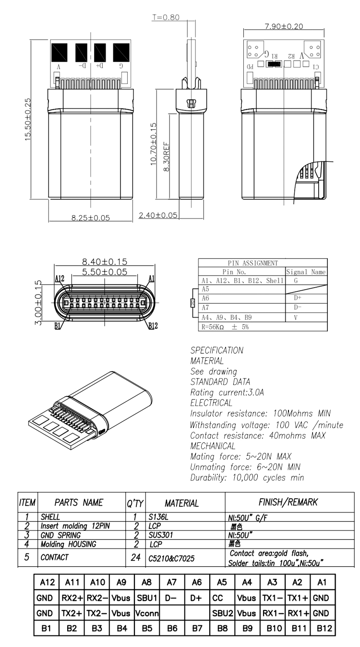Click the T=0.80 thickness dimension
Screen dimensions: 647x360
[165, 17]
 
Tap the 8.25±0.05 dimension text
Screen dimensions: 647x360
[90, 218]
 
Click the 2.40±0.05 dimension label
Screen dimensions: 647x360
[158, 214]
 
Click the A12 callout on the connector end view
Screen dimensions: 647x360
[60, 279]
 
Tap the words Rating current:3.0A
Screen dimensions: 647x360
[227, 392]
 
